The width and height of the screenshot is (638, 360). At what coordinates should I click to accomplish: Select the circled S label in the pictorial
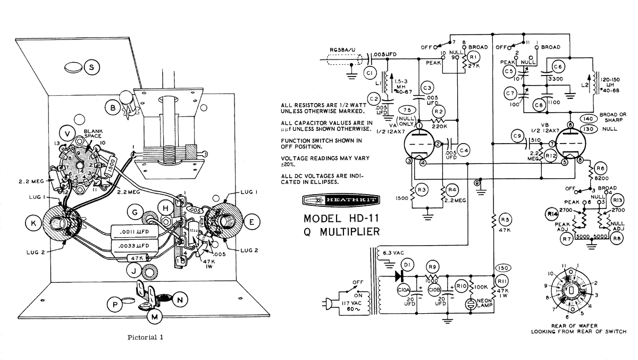point(92,68)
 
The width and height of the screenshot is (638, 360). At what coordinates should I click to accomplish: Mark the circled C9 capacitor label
point(515,137)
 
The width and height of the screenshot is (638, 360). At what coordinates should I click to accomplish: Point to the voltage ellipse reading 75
point(408,110)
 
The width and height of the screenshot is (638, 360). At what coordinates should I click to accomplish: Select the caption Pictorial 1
point(146,337)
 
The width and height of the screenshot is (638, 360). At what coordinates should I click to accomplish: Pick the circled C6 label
point(558,66)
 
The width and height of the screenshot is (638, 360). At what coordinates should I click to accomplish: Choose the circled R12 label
point(551,155)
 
